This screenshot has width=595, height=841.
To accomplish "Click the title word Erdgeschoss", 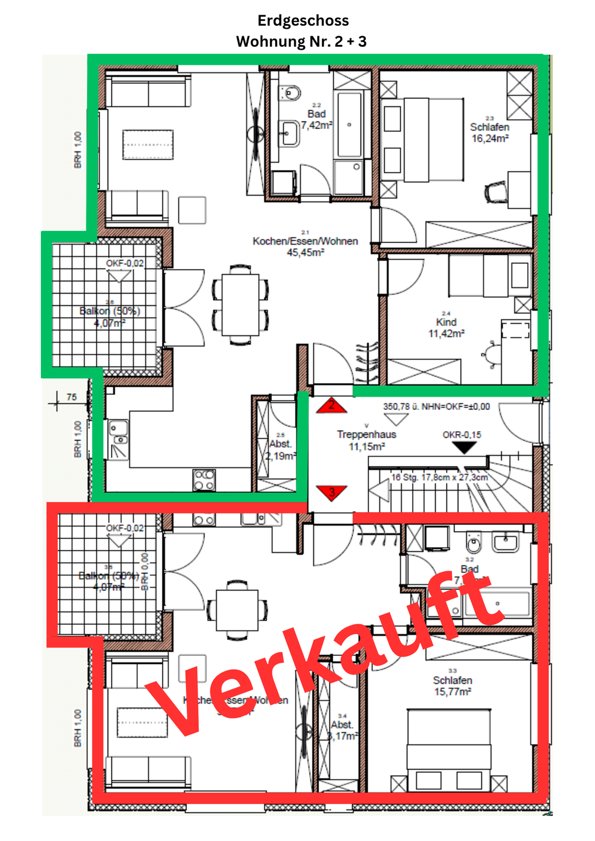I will click(x=303, y=20).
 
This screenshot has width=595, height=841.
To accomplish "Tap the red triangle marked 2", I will click(x=331, y=406).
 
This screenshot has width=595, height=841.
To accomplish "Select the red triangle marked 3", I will click(x=331, y=492).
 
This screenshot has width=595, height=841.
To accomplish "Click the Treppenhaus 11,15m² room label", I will click(x=366, y=440).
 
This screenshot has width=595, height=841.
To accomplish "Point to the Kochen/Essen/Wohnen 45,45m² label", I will click(x=305, y=246).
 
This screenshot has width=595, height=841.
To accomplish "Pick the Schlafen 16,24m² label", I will click(x=490, y=133).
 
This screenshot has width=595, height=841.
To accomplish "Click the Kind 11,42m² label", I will click(x=446, y=328).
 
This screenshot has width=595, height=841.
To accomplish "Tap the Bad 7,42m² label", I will click(x=317, y=120).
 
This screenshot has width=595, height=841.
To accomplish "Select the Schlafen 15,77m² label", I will click(x=452, y=686).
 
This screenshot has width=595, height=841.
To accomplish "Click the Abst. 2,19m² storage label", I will click(x=281, y=450).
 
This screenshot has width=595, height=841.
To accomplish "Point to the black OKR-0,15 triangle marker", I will click(x=465, y=447).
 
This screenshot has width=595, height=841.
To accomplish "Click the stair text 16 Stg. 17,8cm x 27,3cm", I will click(x=440, y=477).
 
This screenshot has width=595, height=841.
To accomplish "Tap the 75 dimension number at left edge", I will click(x=71, y=397).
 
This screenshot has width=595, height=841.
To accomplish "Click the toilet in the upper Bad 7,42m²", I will click(x=290, y=92).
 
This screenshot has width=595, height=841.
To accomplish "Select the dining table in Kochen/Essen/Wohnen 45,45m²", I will click(x=240, y=304).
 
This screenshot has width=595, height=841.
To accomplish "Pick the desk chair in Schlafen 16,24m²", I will click(x=496, y=192).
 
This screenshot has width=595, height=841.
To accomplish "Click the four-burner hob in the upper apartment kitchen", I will click(x=204, y=479).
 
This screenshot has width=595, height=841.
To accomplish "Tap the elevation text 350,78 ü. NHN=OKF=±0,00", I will click(x=436, y=406).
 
